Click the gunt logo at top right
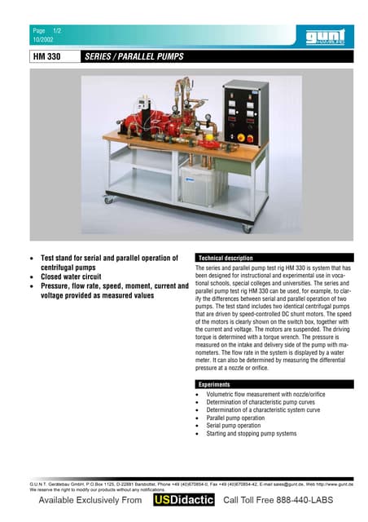pyautogui.click(x=325, y=37)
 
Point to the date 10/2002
pyautogui.click(x=42, y=40)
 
